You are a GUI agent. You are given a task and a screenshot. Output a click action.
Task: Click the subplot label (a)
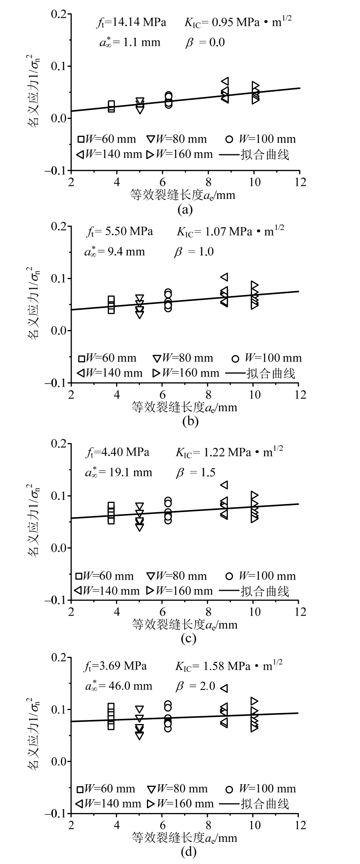(x=185, y=210)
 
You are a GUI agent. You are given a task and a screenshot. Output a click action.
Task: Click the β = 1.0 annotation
(x=194, y=252)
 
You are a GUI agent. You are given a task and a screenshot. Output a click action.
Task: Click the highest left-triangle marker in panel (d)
(x=224, y=688)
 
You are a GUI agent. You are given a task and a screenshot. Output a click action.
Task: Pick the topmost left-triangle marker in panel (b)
(x=224, y=277)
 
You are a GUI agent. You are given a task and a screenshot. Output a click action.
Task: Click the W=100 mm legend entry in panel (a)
(x=261, y=139)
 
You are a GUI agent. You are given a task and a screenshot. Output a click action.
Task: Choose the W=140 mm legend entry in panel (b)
(x=110, y=373)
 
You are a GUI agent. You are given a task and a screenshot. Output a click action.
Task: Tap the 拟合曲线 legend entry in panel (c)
(x=254, y=591)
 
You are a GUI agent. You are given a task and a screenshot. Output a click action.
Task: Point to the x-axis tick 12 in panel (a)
(x=300, y=182)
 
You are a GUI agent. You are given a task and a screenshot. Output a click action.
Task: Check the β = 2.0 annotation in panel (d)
(x=195, y=686)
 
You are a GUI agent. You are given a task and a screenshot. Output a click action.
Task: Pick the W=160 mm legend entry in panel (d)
(x=180, y=804)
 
